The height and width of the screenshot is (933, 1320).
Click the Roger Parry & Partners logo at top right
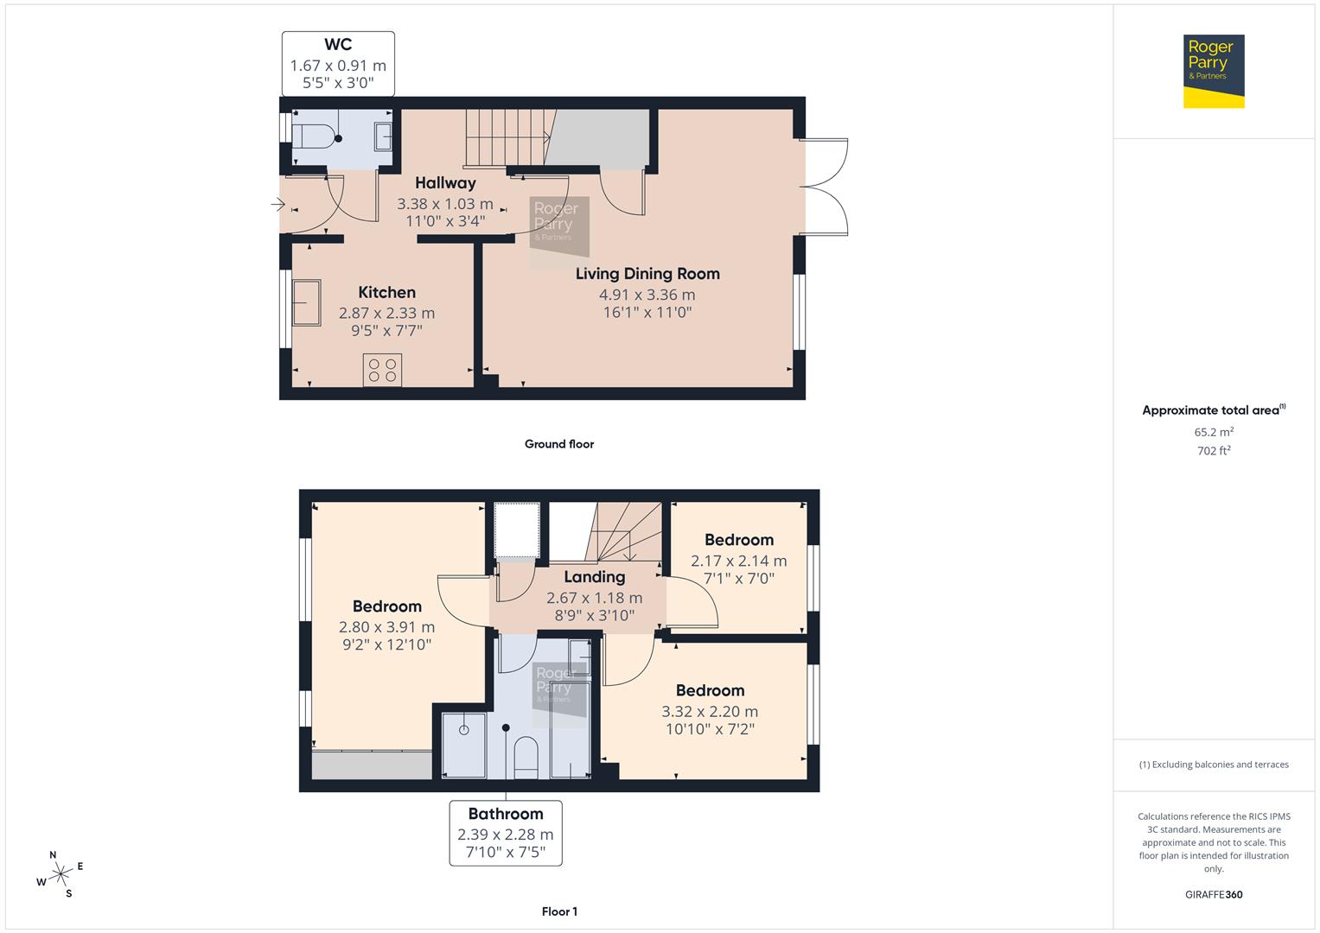(x=1213, y=71)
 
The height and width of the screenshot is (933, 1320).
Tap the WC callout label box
(x=338, y=64)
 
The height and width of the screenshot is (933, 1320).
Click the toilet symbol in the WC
(x=313, y=136)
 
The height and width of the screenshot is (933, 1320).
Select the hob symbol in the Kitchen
(x=382, y=371)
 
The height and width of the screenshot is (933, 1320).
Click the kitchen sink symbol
(x=306, y=302)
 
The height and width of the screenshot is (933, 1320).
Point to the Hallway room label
(x=445, y=183)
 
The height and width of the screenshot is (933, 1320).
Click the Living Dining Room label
(x=647, y=274)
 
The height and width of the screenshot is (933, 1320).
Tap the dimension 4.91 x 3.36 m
(x=647, y=295)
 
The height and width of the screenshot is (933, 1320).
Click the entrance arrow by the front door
(x=277, y=205)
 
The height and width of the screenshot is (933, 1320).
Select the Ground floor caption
(x=559, y=444)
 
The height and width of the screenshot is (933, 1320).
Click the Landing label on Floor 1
(x=594, y=577)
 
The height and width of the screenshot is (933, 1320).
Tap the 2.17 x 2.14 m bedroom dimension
(x=738, y=561)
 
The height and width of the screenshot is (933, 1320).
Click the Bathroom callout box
(x=506, y=833)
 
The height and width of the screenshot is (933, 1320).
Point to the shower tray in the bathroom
(x=464, y=745)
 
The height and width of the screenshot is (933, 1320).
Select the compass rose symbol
(x=61, y=874)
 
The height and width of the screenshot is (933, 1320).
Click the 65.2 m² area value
(x=1214, y=432)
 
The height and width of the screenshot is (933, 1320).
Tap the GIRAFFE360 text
(x=1214, y=894)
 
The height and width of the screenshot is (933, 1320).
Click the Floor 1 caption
(x=559, y=911)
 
